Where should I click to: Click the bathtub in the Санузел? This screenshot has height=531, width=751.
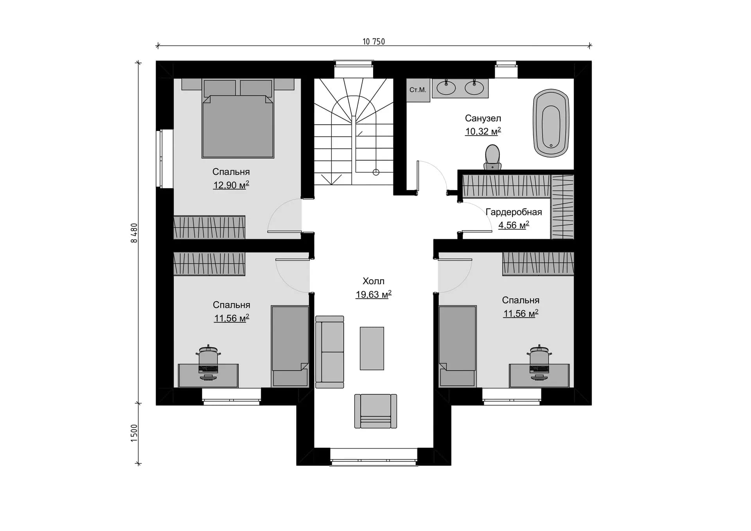pyautogui.click(x=551, y=123)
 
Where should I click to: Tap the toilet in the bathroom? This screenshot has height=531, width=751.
pyautogui.click(x=492, y=157)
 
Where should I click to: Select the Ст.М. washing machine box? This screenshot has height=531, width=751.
pyautogui.click(x=418, y=90)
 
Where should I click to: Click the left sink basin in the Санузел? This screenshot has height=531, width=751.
pyautogui.click(x=446, y=88)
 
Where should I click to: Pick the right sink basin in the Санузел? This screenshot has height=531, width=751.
pyautogui.click(x=474, y=88)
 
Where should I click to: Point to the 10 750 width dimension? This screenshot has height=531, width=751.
pyautogui.click(x=374, y=41)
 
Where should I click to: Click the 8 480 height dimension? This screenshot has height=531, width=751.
pyautogui.click(x=134, y=233)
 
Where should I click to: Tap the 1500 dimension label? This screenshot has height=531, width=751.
pyautogui.click(x=134, y=433)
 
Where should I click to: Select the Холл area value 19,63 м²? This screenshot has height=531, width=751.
pyautogui.click(x=374, y=294)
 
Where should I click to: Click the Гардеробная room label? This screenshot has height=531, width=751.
pyautogui.click(x=514, y=212)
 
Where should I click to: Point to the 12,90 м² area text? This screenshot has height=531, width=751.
pyautogui.click(x=231, y=185)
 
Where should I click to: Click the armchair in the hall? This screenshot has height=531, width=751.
pyautogui.click(x=375, y=411)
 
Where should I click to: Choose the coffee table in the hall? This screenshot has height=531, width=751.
pyautogui.click(x=372, y=348)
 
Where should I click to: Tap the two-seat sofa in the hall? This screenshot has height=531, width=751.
pyautogui.click(x=330, y=352)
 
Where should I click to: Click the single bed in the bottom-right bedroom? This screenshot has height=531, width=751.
pyautogui.click(x=458, y=346)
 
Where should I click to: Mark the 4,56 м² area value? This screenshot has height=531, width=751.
pyautogui.click(x=514, y=225)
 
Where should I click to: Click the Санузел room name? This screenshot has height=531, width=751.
pyautogui.click(x=483, y=118)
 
